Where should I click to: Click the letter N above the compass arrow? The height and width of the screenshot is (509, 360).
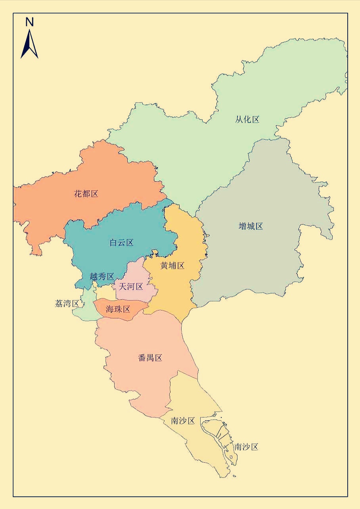tap(29, 22)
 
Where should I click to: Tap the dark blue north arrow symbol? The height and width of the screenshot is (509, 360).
tap(29, 45)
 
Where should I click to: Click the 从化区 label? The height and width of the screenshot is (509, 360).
tap(247, 119)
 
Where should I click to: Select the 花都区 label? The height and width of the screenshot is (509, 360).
tap(86, 194)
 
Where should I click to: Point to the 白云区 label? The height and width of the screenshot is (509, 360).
tap(121, 243)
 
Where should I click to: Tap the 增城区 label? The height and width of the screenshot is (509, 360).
tap(251, 226)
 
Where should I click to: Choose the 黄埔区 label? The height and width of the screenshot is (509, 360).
tap(172, 266)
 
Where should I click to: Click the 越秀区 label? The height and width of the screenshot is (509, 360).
tap(102, 276)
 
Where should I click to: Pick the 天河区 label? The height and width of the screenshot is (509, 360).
tap(131, 286)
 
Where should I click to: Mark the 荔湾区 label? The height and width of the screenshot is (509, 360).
tap(67, 304)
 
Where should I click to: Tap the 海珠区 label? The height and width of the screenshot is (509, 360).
tap(118, 309)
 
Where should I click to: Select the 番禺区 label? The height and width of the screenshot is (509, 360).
tap(150, 358)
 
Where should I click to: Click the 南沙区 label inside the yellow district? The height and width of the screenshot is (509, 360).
tap(183, 421)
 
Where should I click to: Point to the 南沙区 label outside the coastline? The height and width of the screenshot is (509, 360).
tap(246, 447)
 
